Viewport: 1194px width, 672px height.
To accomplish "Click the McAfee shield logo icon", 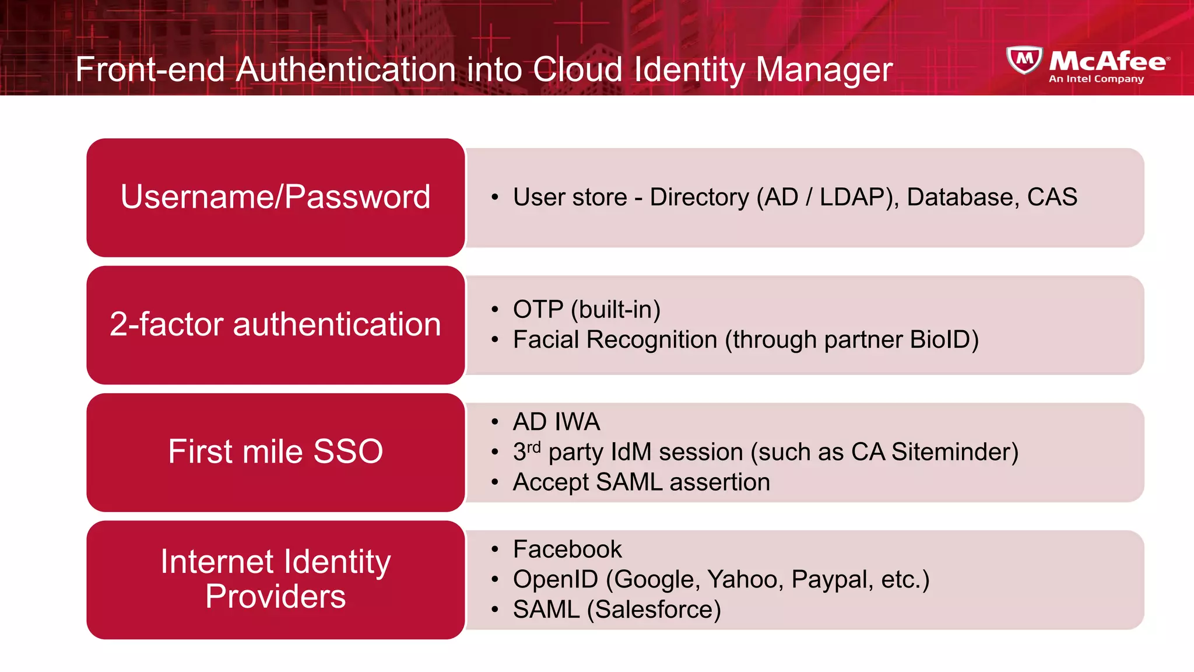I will click(x=1024, y=60).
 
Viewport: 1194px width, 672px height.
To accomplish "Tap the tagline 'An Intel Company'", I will click(x=1096, y=79).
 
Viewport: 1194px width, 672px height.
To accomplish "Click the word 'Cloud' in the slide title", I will click(x=577, y=69).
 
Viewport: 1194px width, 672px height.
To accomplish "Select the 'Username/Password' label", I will click(x=275, y=197).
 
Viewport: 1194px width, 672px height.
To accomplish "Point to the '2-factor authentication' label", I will click(x=275, y=324).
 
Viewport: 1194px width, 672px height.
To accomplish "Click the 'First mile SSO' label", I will click(x=275, y=452).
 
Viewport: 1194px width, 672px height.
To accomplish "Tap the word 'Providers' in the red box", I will click(x=275, y=596).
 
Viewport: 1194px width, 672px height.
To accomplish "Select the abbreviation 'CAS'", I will click(x=1052, y=197).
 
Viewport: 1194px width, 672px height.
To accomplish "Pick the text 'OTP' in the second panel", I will click(x=538, y=309).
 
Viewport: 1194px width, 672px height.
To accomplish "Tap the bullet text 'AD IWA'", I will click(x=556, y=422).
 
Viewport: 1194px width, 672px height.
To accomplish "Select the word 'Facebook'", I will click(x=567, y=549).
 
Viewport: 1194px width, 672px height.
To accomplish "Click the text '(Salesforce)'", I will click(x=654, y=610).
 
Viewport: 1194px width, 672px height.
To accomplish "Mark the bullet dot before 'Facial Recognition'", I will click(x=495, y=339).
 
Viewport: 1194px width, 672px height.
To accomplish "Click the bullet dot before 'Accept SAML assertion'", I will click(x=495, y=482).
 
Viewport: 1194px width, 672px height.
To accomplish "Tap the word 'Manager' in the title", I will click(x=824, y=69).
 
